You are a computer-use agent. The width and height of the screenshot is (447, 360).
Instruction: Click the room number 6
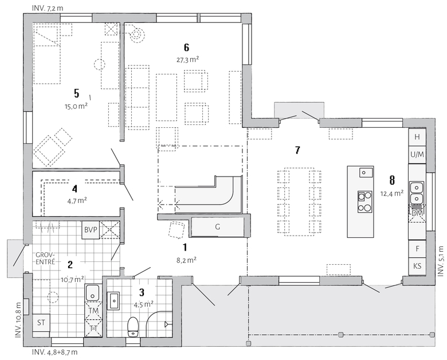(186, 48)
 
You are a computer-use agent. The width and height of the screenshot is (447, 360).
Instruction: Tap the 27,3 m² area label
(187, 60)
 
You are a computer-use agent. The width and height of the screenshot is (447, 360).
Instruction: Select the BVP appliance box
(91, 230)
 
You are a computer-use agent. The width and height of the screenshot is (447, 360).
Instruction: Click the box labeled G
(218, 227)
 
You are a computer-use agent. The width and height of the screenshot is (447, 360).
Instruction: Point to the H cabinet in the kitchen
(417, 137)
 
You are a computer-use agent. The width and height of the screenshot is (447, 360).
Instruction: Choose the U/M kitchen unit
(417, 155)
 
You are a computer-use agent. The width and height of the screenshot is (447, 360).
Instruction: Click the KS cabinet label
(417, 266)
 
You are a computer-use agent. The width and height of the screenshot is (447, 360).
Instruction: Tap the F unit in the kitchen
(417, 249)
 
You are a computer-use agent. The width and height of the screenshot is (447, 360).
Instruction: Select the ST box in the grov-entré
(41, 323)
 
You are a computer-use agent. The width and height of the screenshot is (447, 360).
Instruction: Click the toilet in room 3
(132, 327)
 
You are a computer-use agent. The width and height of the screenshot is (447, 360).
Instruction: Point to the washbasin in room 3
(113, 300)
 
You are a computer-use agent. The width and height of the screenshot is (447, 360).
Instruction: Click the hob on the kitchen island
(365, 202)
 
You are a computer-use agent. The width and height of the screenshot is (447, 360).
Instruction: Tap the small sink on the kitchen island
(366, 173)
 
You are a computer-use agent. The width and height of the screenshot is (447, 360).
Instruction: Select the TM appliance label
(93, 311)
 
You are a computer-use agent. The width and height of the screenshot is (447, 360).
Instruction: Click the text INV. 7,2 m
(48, 8)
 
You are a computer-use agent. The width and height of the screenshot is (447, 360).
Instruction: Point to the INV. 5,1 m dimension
(441, 261)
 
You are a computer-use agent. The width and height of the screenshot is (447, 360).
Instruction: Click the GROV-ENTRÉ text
(45, 258)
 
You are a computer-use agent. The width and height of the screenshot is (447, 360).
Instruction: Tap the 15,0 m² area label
(76, 107)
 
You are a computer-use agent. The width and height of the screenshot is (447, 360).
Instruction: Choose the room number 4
(74, 189)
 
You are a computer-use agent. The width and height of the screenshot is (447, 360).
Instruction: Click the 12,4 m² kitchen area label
(391, 193)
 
